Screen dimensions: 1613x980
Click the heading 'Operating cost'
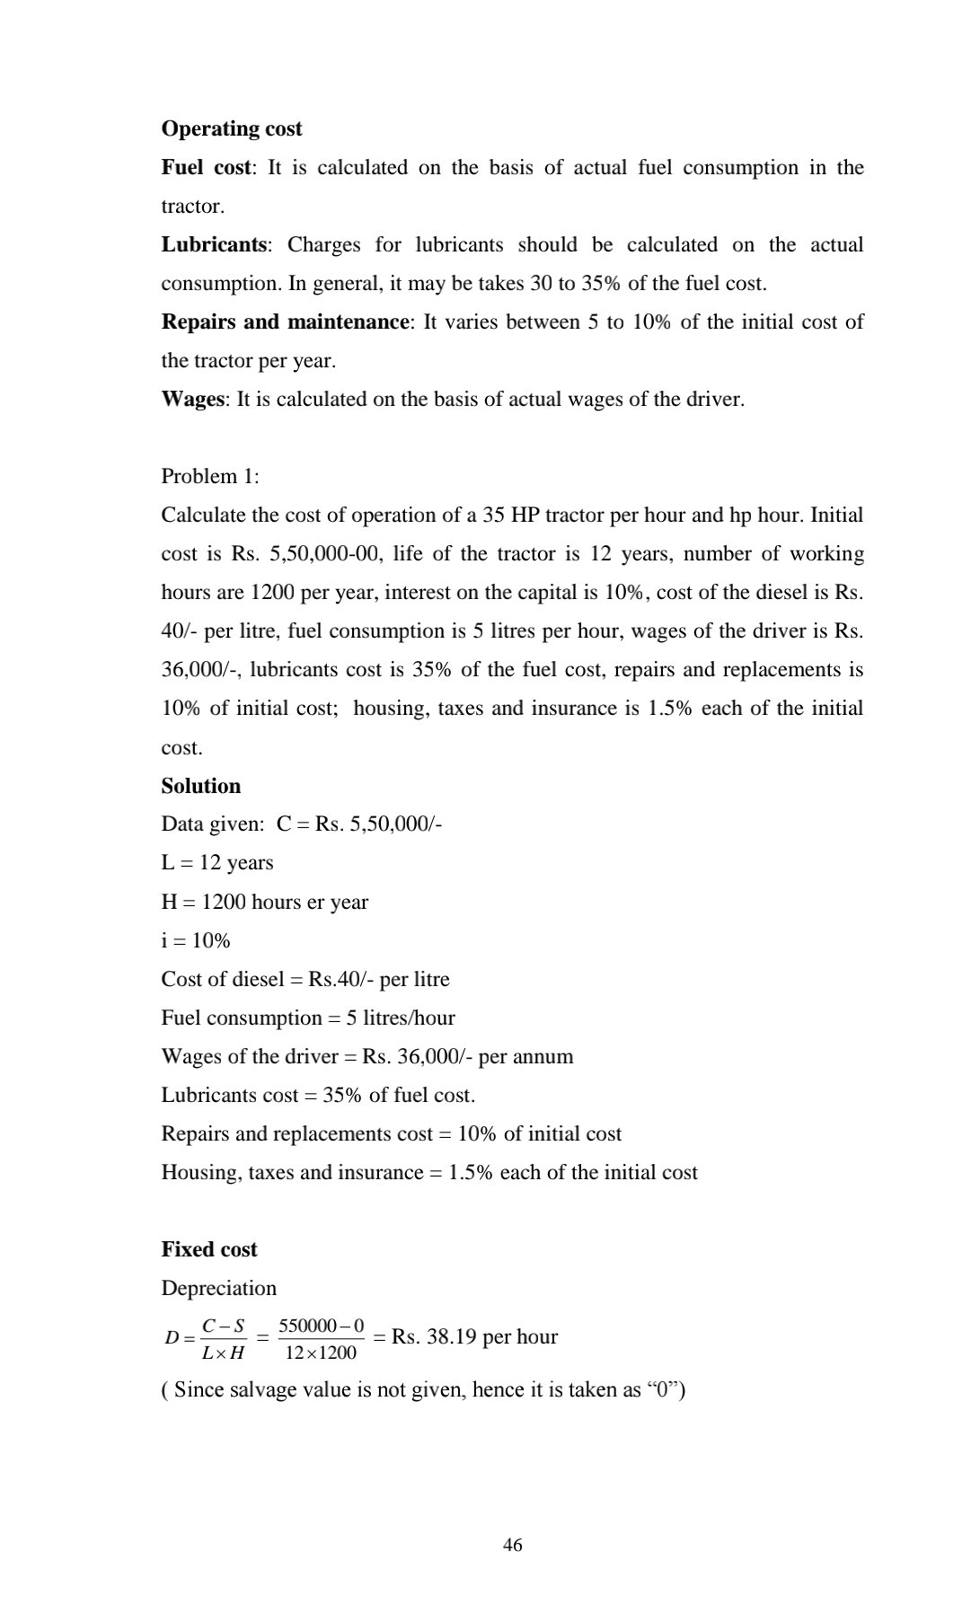tap(232, 128)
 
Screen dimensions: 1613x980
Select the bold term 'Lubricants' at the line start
tap(214, 244)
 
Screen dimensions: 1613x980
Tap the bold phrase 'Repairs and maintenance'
tap(285, 322)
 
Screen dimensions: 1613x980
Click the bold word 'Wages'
tap(192, 399)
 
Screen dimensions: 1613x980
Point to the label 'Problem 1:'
tap(210, 476)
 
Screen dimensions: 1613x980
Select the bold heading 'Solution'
tap(201, 786)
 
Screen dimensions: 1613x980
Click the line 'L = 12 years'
tap(217, 862)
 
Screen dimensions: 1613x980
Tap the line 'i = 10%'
tap(196, 940)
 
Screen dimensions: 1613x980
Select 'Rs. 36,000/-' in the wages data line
tap(417, 1056)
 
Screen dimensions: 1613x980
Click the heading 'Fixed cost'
tap(209, 1249)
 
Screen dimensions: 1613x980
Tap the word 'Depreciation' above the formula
tap(219, 1288)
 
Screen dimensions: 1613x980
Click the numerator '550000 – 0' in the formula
tap(322, 1326)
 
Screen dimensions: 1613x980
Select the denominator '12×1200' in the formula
tap(321, 1353)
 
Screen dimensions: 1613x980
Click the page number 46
tap(513, 1545)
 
